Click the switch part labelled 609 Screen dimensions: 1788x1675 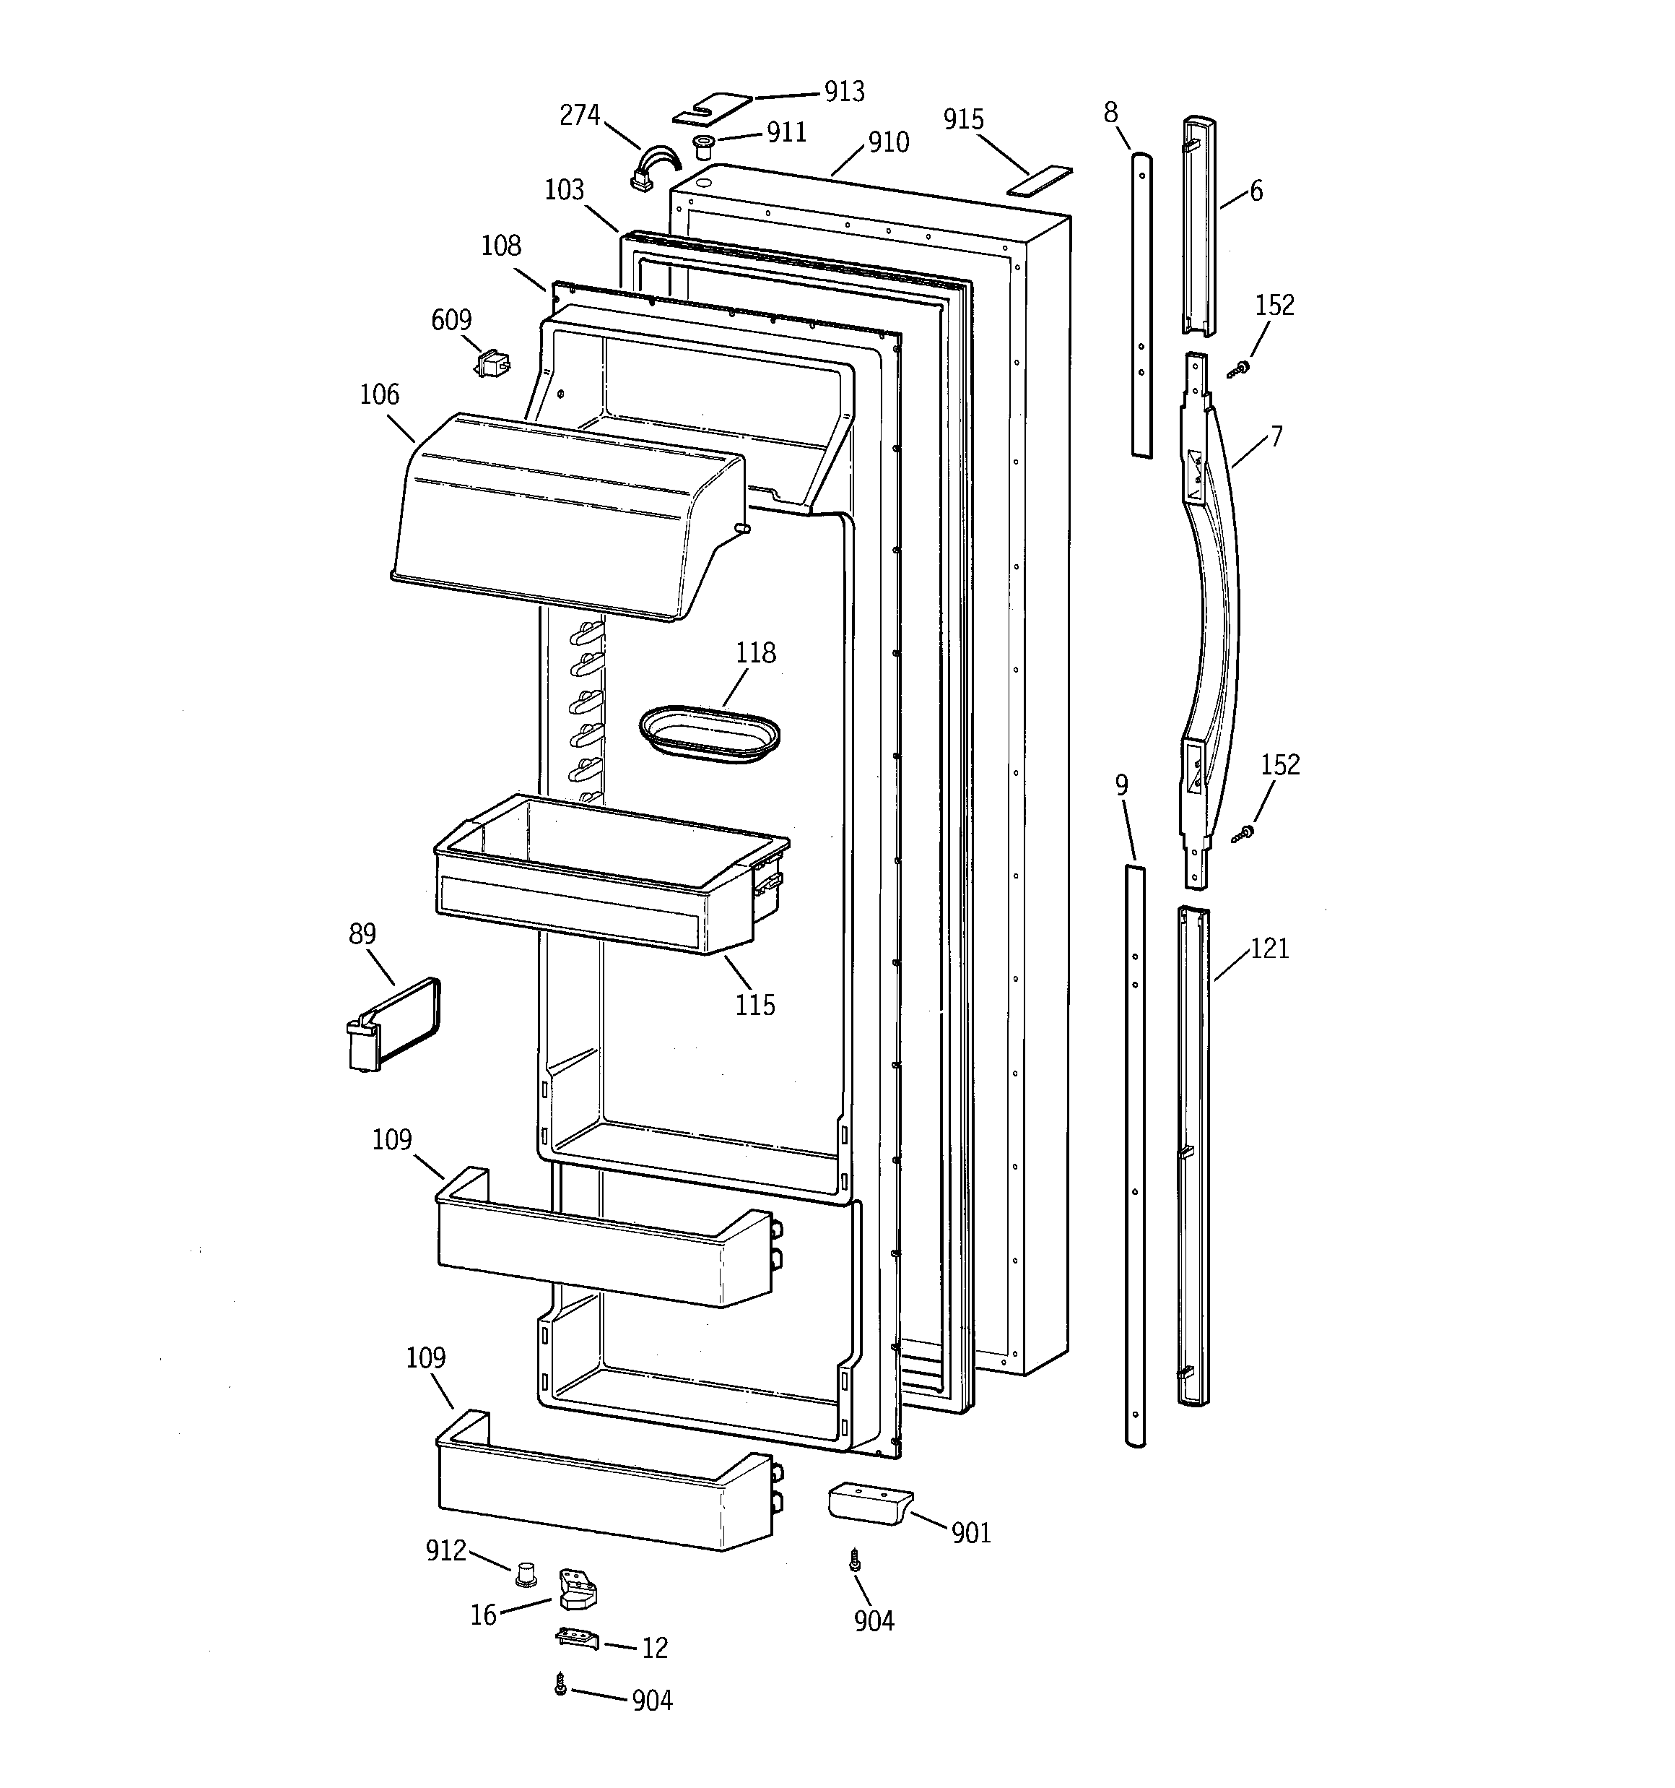pos(492,363)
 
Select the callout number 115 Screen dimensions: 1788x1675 pos(754,1005)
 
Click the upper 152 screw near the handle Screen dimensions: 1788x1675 pos(1241,368)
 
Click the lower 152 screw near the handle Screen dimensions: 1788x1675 pos(1243,834)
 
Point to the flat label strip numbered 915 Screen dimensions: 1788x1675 pos(1040,180)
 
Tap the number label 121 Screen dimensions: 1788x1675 pos(1269,949)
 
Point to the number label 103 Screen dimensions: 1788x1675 pos(564,190)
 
